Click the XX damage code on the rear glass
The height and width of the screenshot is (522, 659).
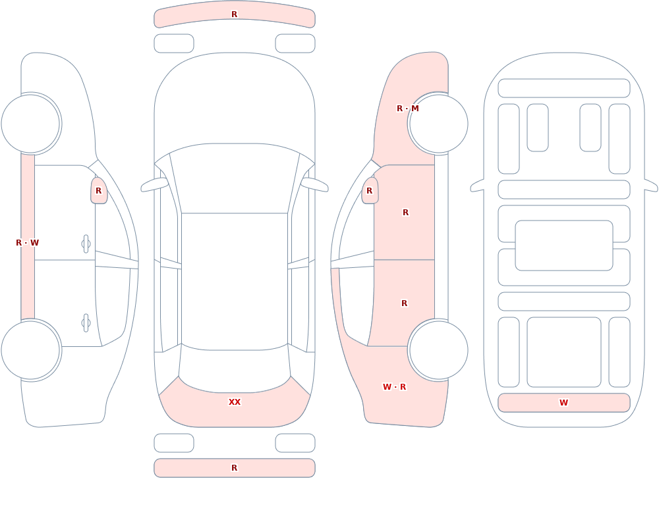point(235,402)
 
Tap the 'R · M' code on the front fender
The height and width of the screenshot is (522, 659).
point(408,109)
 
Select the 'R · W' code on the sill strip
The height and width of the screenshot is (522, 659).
point(27,243)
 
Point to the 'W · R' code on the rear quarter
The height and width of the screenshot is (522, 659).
point(394,387)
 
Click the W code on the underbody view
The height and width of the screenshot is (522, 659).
point(563,403)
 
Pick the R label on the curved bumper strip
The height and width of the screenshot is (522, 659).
point(235,14)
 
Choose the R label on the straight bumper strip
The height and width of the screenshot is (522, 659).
point(235,468)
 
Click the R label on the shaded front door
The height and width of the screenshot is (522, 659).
point(405,213)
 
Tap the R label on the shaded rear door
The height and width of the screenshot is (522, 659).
point(405,303)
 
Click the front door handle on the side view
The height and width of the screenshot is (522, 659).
point(86,244)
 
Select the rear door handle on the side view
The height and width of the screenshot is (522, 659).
point(86,323)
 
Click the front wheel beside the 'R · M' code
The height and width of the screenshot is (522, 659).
point(438,124)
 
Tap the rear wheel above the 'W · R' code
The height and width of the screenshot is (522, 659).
point(438,350)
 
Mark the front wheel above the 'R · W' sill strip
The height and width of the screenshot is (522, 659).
point(30,124)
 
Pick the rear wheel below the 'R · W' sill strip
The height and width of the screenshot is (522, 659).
point(30,350)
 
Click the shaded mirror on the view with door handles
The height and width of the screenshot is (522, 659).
point(99,191)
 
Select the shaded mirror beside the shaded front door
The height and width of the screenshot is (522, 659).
point(370,191)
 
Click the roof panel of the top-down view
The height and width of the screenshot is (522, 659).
point(235,281)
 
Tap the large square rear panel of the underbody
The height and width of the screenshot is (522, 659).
point(564,352)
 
